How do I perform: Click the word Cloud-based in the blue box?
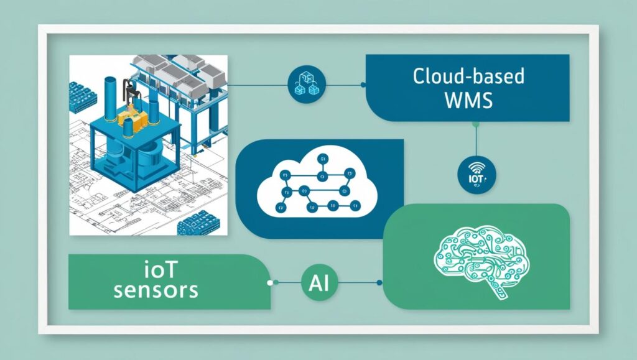468,77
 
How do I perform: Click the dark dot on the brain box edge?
379,282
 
